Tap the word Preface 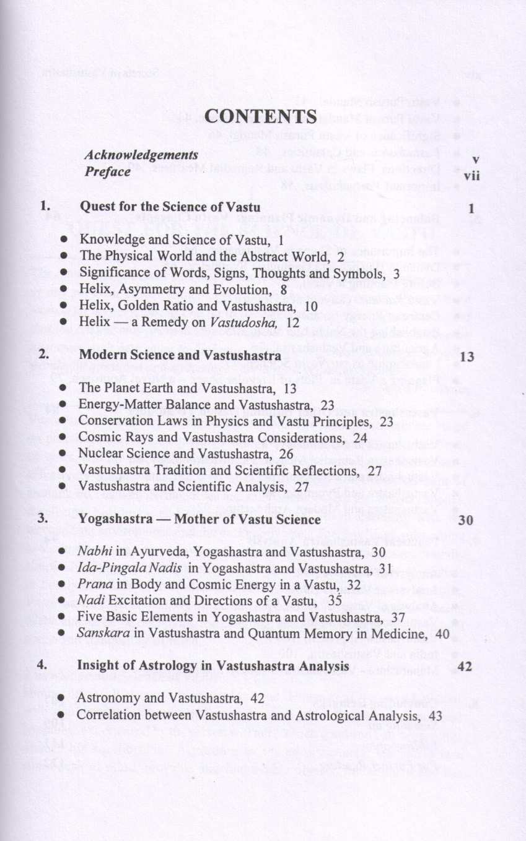107,171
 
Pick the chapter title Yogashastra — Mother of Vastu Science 199,519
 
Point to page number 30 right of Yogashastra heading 465,520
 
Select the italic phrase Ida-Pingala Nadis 129,567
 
